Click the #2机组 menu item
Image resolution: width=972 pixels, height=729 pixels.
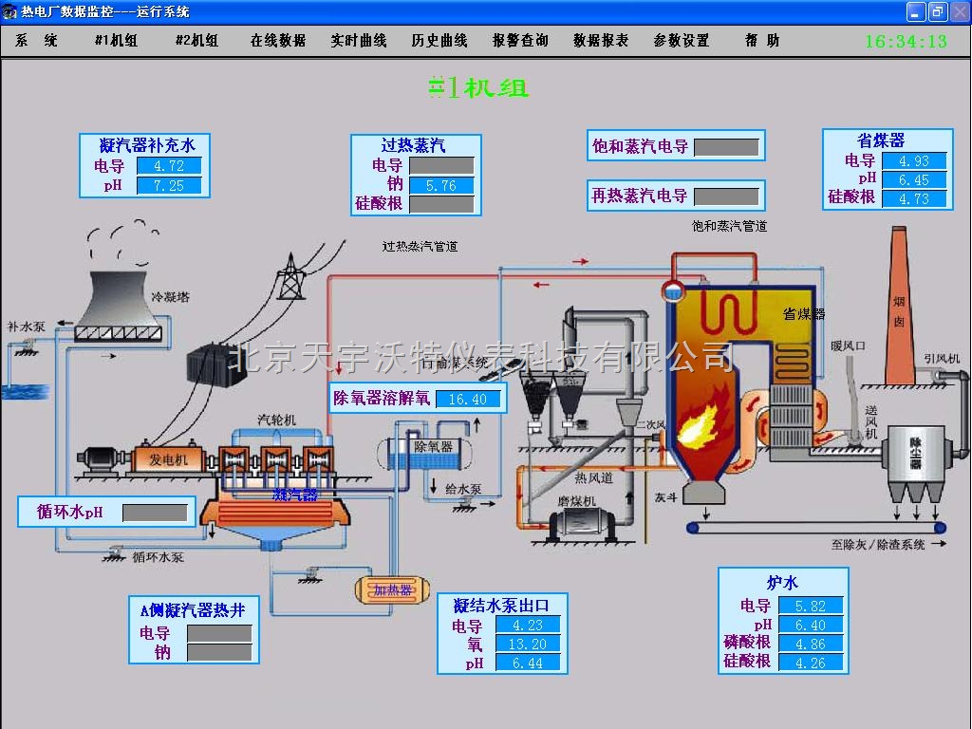(x=196, y=41)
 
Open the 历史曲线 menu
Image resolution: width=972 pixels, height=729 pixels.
(x=439, y=41)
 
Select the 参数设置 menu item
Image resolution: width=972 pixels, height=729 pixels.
(x=682, y=41)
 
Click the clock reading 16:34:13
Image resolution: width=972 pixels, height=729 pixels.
(x=906, y=42)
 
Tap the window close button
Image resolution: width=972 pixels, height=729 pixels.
(x=958, y=11)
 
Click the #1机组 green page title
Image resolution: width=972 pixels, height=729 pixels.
(x=478, y=87)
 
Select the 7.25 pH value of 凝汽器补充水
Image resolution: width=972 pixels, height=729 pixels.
(x=169, y=185)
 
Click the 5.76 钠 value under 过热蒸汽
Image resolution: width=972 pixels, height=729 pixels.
(x=441, y=185)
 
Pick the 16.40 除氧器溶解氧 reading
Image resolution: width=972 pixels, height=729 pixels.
(x=467, y=399)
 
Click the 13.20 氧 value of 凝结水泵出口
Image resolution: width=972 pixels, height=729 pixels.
(x=528, y=645)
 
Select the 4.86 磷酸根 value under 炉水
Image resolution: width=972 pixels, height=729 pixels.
(x=811, y=644)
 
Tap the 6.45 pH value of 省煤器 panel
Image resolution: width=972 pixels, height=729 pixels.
(x=914, y=179)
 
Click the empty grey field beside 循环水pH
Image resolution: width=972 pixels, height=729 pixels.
(x=156, y=513)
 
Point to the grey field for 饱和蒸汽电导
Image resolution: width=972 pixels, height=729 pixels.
(x=726, y=147)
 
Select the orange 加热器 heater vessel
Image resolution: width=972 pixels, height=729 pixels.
(x=391, y=590)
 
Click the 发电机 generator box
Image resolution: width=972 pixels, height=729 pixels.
(x=169, y=459)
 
